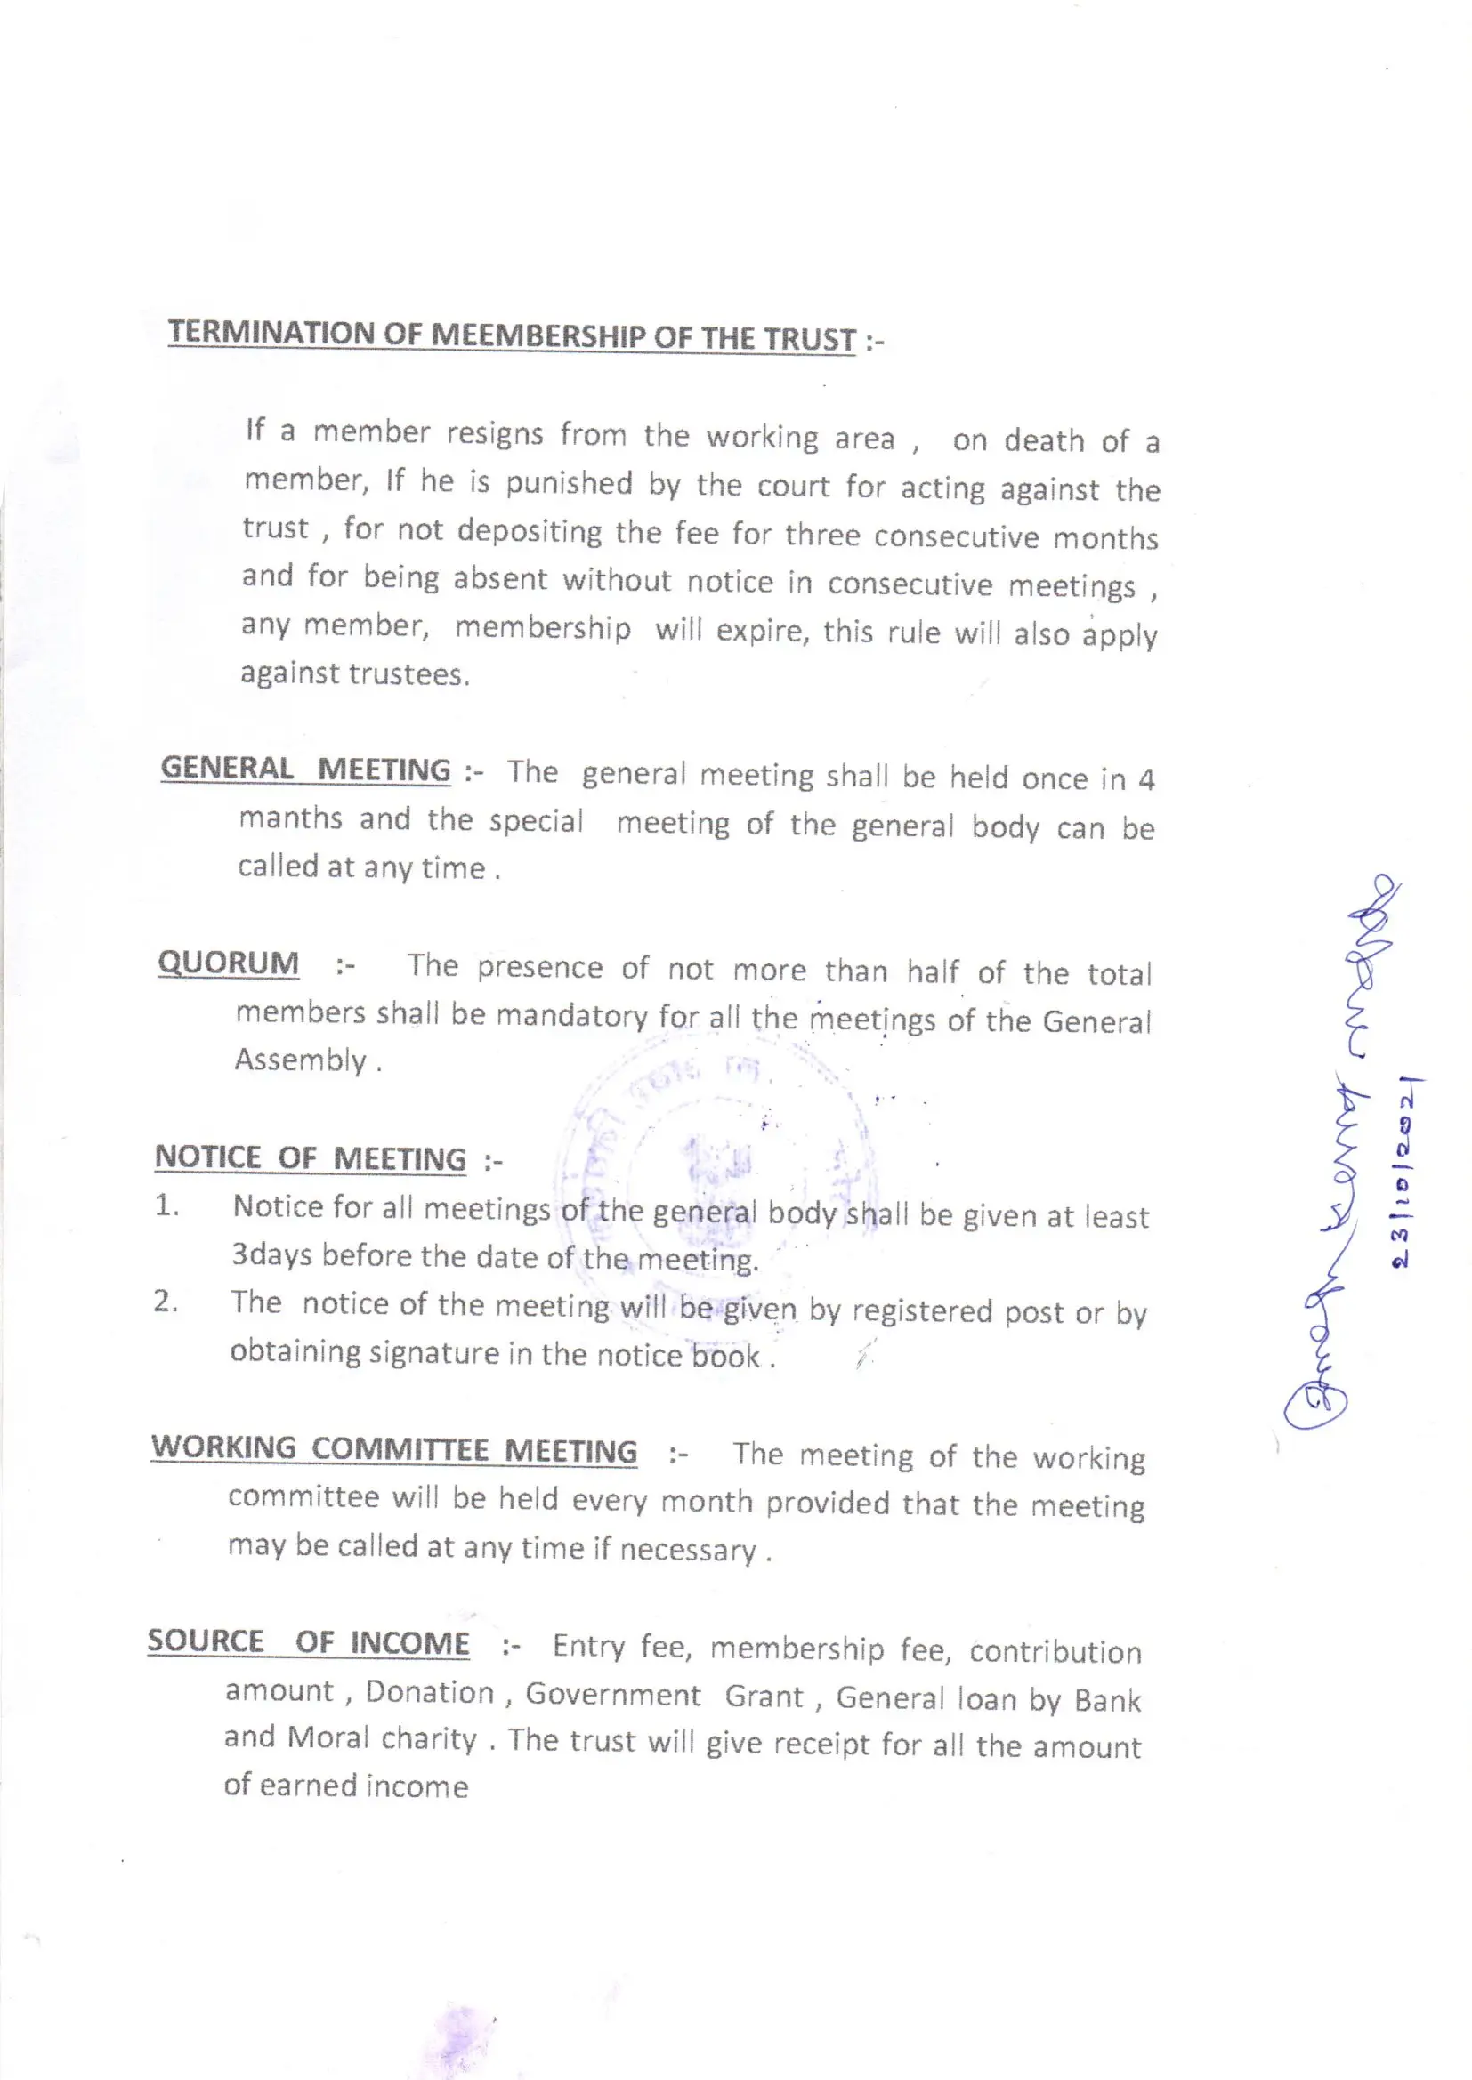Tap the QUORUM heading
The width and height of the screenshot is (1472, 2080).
[x=228, y=962]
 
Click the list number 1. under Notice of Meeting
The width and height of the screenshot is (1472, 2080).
[x=166, y=1205]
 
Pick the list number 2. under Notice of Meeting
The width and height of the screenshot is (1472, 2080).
[x=165, y=1302]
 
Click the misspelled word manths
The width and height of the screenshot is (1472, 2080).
[x=290, y=818]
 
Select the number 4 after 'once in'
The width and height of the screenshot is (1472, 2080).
[x=1145, y=780]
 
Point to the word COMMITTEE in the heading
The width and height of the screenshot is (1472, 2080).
[x=399, y=1448]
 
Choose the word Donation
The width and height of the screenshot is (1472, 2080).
[x=430, y=1692]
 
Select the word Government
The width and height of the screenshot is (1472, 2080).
[x=612, y=1694]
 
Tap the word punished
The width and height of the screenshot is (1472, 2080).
[x=569, y=483]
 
